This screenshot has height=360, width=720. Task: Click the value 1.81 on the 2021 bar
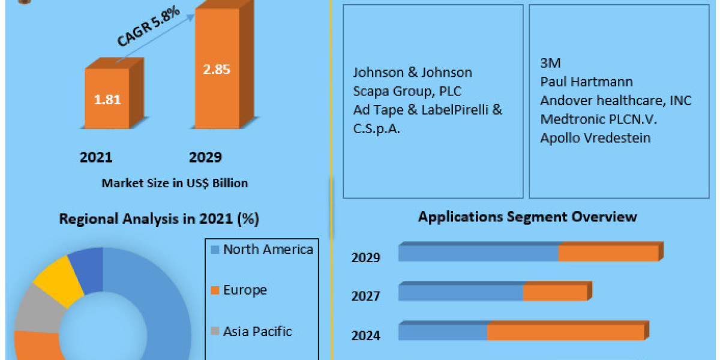tap(107, 100)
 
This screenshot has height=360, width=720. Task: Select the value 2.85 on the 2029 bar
tap(216, 68)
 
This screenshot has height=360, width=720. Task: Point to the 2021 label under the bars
tap(96, 157)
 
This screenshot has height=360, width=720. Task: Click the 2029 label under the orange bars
tap(205, 157)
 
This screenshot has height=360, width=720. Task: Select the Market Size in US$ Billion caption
tap(175, 183)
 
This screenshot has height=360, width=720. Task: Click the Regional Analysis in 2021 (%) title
tap(159, 219)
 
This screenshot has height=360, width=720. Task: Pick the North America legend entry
tap(268, 250)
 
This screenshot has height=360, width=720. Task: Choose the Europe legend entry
tap(245, 290)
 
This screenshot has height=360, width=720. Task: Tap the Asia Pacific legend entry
tap(257, 331)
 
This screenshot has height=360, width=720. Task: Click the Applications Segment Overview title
tap(527, 217)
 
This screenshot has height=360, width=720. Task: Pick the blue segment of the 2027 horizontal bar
tap(460, 293)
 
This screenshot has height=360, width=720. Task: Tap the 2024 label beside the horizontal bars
tap(365, 335)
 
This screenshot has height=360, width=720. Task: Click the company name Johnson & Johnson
tap(412, 73)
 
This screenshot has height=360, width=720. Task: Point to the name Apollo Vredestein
tap(595, 138)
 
